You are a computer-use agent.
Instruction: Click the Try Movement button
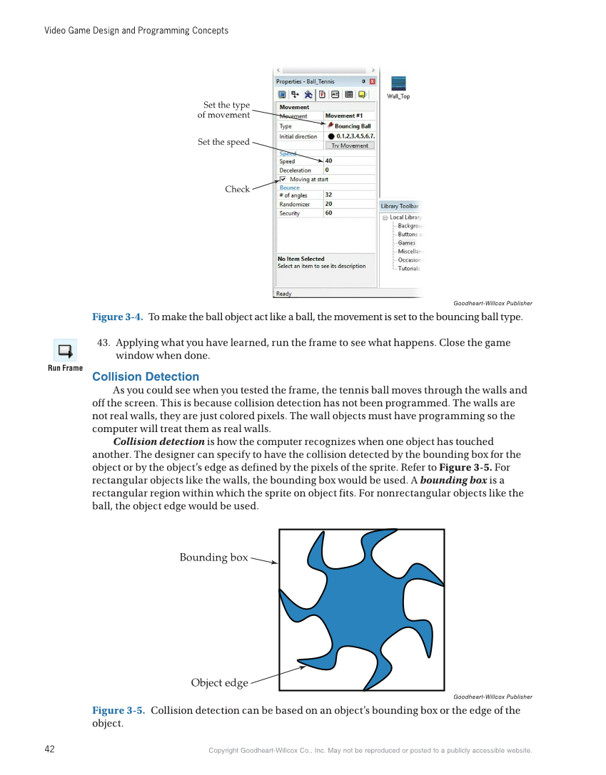(x=350, y=145)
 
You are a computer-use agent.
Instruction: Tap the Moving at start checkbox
(x=283, y=180)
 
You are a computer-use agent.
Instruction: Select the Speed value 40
(x=328, y=161)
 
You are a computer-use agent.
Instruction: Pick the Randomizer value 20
(x=328, y=204)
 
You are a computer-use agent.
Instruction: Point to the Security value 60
(x=328, y=213)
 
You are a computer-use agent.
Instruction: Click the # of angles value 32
(x=328, y=195)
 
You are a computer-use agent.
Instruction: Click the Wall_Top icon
(x=398, y=84)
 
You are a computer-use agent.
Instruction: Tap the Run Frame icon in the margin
(x=65, y=351)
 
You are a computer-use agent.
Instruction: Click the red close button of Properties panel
(x=372, y=81)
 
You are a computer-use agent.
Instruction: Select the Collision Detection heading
(x=146, y=376)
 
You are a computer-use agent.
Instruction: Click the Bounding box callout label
(x=213, y=558)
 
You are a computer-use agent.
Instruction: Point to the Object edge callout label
(x=219, y=683)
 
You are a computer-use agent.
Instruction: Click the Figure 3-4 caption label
(x=118, y=317)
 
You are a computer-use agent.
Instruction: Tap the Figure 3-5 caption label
(x=118, y=710)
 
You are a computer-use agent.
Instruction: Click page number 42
(x=50, y=749)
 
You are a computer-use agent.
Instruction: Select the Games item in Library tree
(x=406, y=243)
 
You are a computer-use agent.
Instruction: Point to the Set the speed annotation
(x=223, y=142)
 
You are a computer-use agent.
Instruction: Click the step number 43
(x=103, y=343)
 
